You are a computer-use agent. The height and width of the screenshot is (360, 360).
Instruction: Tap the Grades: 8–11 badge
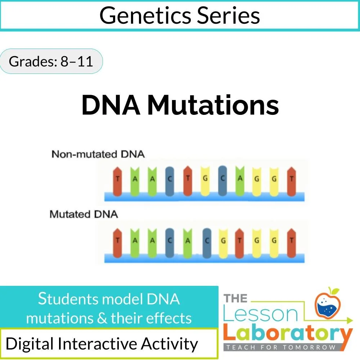tap(51, 62)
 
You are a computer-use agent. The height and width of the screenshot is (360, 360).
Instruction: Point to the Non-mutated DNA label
tap(98, 154)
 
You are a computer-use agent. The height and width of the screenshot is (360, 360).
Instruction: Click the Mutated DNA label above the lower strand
tap(84, 214)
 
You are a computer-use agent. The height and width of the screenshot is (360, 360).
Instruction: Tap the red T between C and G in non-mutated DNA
tap(187, 180)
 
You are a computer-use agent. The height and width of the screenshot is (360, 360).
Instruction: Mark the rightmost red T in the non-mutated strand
tap(292, 180)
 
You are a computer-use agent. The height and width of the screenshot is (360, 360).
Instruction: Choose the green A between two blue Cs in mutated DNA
tap(187, 240)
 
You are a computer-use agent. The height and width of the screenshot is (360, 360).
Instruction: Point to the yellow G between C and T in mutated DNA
tap(223, 240)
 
